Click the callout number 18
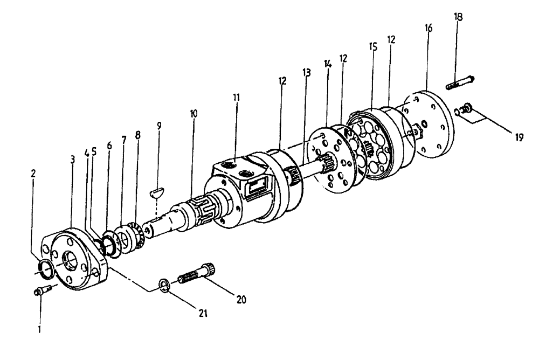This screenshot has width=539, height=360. (x=458, y=17)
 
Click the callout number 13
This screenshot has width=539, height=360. (x=307, y=74)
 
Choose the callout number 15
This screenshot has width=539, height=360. (x=371, y=47)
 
